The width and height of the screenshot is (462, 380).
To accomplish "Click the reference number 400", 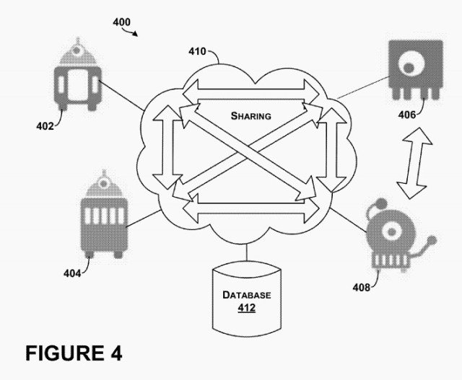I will click(x=121, y=22).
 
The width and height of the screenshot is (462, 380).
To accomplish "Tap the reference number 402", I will click(x=45, y=125).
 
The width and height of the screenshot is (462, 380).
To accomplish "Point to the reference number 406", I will click(x=408, y=114).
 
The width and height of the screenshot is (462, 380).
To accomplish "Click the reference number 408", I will click(x=362, y=288).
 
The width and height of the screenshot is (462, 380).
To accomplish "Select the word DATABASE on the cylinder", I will click(x=246, y=296).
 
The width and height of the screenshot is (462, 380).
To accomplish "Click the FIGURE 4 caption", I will click(x=74, y=353).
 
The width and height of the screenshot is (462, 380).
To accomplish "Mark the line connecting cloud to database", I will click(x=246, y=252).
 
